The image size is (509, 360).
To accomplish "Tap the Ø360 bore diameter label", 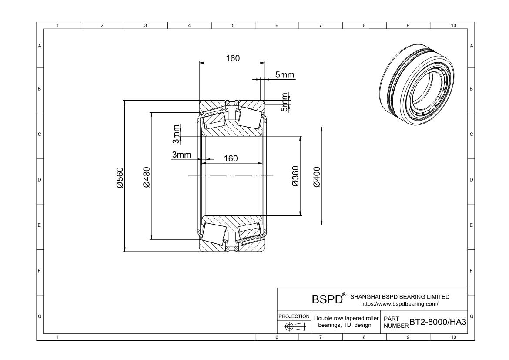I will [x=295, y=176].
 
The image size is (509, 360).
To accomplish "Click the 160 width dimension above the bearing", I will [x=232, y=58].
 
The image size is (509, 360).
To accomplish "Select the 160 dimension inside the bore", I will [x=231, y=158].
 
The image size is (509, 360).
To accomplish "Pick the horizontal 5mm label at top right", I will [x=285, y=75].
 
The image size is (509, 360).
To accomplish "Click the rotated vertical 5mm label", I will [x=285, y=102].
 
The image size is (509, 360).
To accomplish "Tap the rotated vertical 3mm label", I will [x=176, y=134].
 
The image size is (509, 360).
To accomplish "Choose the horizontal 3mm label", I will [x=181, y=155].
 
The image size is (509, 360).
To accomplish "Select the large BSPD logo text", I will [x=327, y=300].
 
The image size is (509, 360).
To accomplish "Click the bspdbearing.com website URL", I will [x=399, y=304].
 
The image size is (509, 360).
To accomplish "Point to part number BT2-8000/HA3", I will [x=438, y=322].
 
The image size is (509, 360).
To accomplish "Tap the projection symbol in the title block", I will [x=294, y=327].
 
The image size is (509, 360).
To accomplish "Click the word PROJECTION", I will [x=294, y=316].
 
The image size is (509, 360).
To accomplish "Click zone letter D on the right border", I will [x=471, y=180].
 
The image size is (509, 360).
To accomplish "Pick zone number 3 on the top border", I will [x=145, y=25].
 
